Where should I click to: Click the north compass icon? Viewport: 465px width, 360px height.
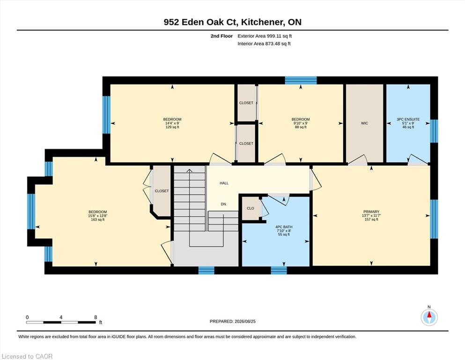(429, 317)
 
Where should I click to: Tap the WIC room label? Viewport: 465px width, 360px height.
(364, 123)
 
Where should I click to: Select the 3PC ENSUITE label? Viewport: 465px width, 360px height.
(408, 120)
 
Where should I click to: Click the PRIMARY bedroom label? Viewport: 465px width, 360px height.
(371, 212)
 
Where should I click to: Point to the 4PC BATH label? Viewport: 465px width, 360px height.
(284, 227)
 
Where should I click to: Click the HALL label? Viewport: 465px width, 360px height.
(224, 183)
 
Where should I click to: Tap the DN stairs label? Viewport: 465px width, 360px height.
(223, 204)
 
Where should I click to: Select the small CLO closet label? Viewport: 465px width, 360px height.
(250, 208)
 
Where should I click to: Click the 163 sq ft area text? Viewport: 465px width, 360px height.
(97, 220)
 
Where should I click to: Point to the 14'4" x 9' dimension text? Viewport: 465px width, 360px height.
(172, 123)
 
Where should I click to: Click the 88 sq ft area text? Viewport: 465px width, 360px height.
(301, 127)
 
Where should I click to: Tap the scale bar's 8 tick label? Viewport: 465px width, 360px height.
(96, 317)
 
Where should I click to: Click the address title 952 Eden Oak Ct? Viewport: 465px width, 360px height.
(201, 22)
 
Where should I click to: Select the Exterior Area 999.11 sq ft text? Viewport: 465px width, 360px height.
(265, 36)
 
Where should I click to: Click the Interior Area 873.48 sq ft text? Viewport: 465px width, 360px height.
(264, 44)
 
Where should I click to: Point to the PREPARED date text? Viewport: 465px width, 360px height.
(232, 321)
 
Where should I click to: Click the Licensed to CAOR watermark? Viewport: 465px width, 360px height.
(27, 356)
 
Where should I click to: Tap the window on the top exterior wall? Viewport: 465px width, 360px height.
(301, 81)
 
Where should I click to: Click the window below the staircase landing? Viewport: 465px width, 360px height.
(206, 270)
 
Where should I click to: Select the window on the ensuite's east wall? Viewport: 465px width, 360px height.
(434, 131)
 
